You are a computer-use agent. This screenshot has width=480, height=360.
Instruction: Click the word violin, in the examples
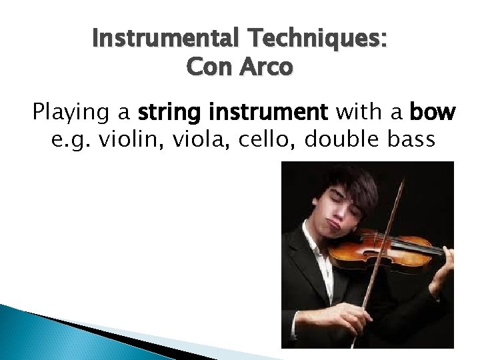tap(127, 141)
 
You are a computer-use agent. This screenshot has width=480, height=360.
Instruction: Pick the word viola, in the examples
tap(194, 141)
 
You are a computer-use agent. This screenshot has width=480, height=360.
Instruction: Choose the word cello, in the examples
tap(259, 141)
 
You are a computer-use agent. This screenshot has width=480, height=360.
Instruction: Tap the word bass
tap(406, 141)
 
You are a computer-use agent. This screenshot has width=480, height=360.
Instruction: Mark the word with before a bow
tap(361, 114)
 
